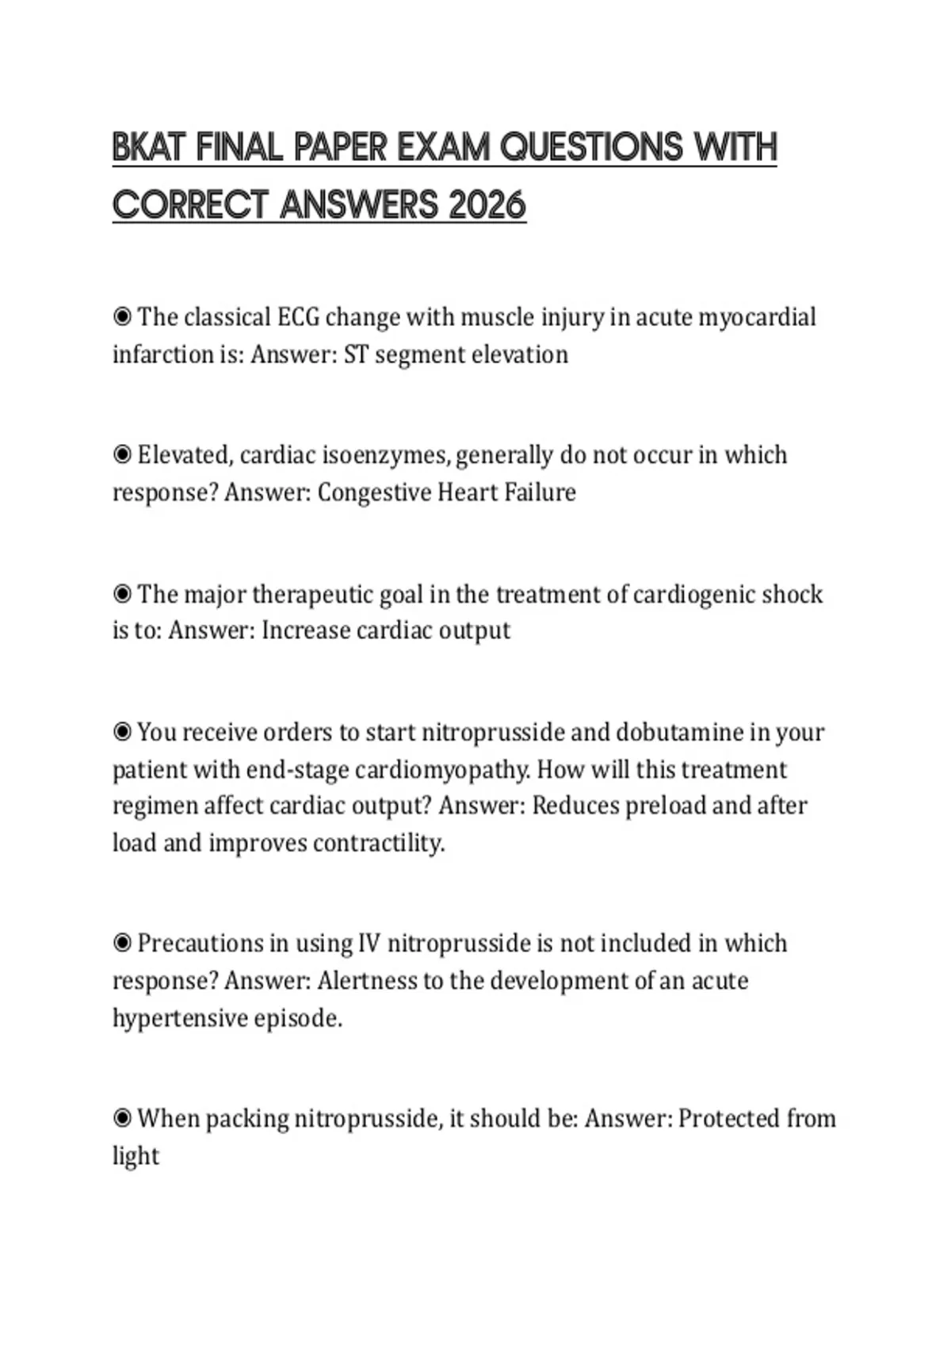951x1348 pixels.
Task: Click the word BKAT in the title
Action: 149,148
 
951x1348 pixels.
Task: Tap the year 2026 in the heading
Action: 487,206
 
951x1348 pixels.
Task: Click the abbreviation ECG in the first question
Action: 297,317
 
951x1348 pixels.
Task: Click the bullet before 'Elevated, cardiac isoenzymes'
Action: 122,455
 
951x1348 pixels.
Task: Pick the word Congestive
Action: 373,492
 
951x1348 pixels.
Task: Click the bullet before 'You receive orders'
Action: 122,732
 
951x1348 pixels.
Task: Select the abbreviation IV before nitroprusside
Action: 369,944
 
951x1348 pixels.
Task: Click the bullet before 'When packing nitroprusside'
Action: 122,1119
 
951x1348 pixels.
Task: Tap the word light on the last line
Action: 136,1156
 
